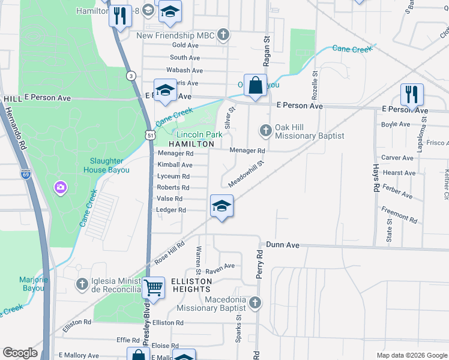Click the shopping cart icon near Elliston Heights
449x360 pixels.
point(154,288)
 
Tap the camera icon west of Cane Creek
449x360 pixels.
point(60,188)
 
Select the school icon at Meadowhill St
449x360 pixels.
point(221,206)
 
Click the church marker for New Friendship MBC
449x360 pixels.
point(223,35)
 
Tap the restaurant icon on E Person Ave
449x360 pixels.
point(412,95)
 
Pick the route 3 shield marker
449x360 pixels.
point(130,75)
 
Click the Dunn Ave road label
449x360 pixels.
point(283,245)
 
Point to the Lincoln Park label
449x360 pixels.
point(199,134)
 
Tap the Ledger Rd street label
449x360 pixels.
point(171,210)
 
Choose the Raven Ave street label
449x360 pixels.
point(220,265)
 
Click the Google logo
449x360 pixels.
point(20,353)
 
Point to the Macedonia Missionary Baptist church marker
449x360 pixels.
point(255,302)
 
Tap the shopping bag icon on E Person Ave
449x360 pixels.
point(255,85)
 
